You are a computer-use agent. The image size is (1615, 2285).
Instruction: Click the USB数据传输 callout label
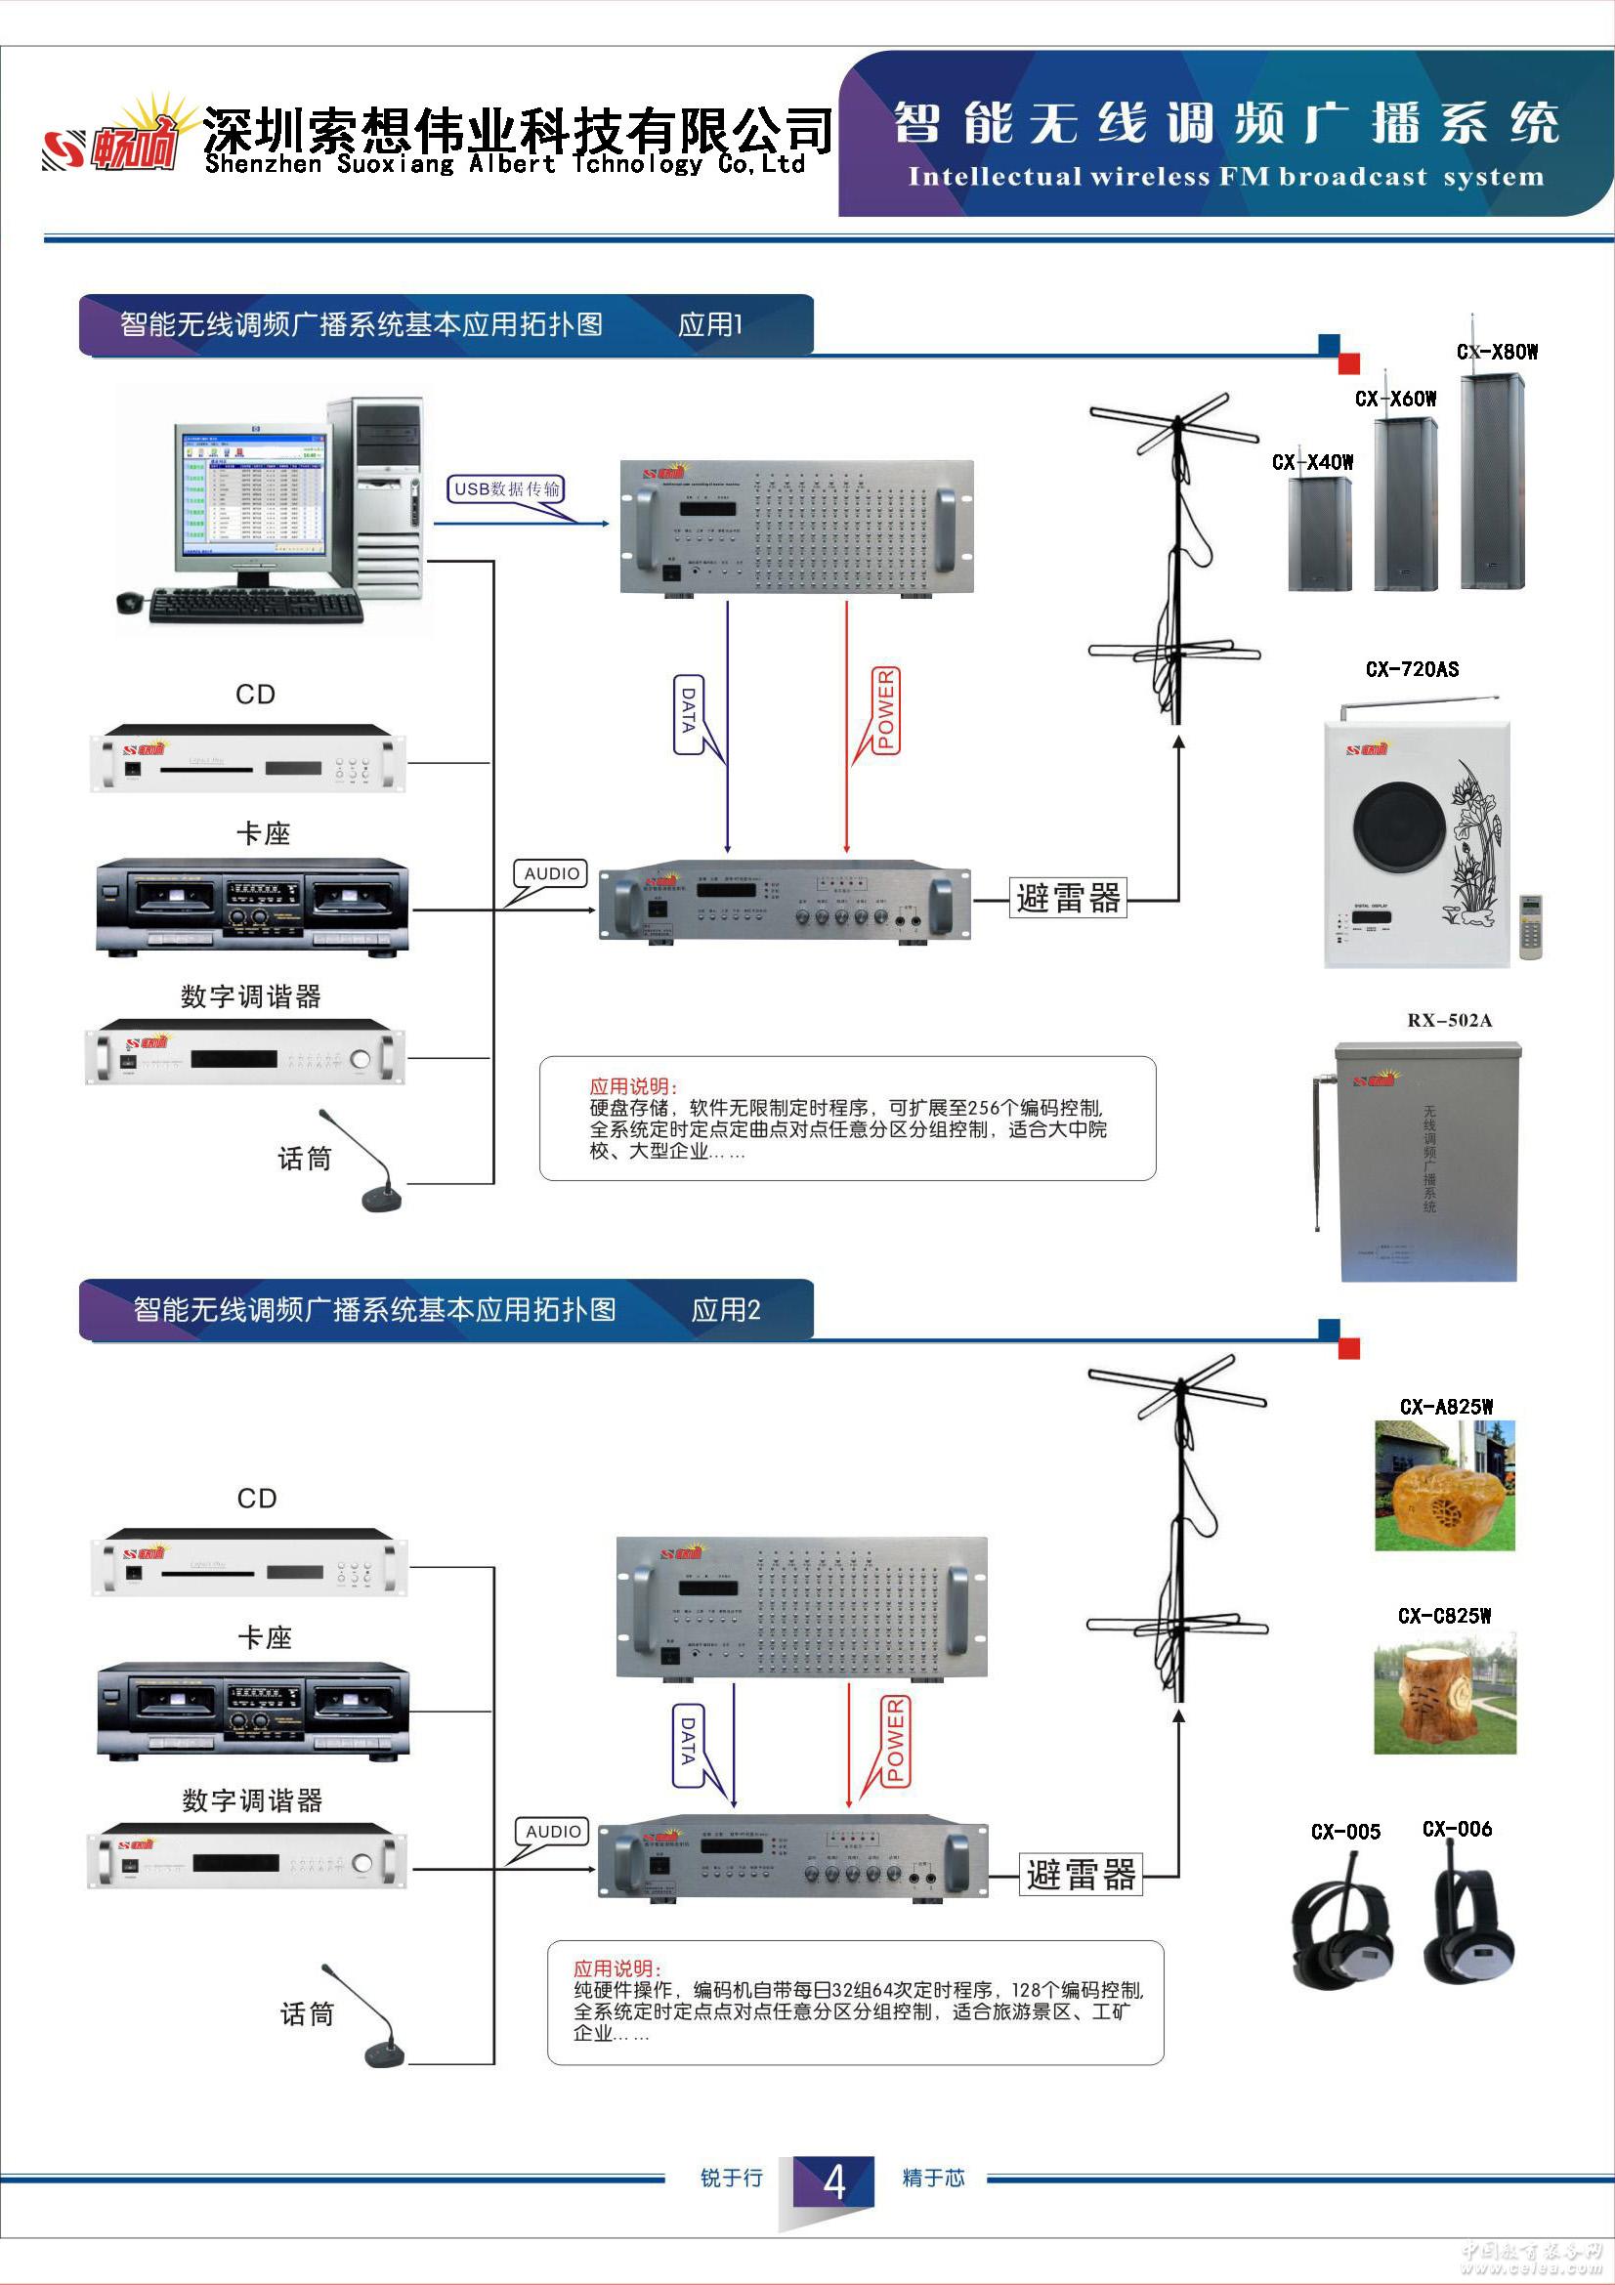[506, 488]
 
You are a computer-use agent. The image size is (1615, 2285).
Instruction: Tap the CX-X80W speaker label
[1497, 352]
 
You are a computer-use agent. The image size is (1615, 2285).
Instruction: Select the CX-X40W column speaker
[1320, 533]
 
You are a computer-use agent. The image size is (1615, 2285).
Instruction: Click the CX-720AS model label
[1411, 669]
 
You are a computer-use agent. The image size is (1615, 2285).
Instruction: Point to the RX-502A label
[1449, 1020]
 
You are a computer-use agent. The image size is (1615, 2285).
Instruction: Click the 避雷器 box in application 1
[1068, 898]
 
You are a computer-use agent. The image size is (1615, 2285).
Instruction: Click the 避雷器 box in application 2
[1081, 1874]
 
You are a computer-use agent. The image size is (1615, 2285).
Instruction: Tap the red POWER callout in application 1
[885, 709]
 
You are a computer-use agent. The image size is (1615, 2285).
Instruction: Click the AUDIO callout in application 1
[551, 872]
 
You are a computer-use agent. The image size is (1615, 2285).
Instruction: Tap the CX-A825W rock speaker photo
[1445, 1486]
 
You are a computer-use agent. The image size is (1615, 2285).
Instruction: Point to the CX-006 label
[1457, 1828]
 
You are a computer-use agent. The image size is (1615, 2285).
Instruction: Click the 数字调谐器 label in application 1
[251, 996]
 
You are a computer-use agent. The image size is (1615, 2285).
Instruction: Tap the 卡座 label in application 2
[265, 1638]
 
